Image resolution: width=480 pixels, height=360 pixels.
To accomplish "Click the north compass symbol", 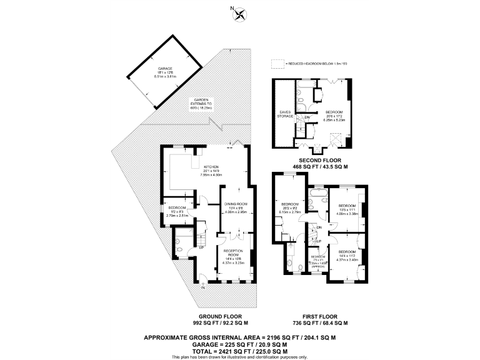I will (239, 14).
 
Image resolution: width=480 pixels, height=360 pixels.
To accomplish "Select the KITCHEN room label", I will (201, 167).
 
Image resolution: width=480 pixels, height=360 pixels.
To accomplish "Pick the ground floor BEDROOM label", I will (177, 207).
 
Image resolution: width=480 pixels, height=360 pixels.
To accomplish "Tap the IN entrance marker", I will (202, 287).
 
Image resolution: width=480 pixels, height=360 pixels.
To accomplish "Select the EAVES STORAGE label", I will (285, 114).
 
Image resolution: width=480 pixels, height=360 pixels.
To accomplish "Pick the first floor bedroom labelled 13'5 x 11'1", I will (347, 206).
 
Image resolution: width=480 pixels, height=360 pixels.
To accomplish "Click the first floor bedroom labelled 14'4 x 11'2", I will (347, 252).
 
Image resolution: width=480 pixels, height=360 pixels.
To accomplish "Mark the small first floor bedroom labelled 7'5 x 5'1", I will (319, 257).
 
